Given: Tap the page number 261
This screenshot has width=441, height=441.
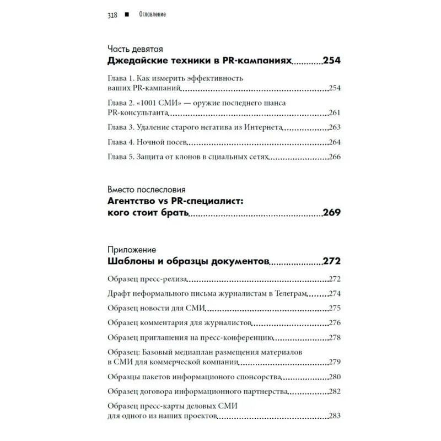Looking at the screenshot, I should (335, 112).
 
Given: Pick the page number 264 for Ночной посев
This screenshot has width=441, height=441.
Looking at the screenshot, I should (335, 142).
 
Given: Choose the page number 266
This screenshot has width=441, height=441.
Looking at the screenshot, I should (335, 157).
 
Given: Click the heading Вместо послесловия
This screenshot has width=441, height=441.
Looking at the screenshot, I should (146, 189).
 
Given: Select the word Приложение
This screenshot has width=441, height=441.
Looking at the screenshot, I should (132, 249).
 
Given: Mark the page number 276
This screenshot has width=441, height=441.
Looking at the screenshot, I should (335, 322).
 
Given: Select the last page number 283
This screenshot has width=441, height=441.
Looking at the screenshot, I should (335, 416).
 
